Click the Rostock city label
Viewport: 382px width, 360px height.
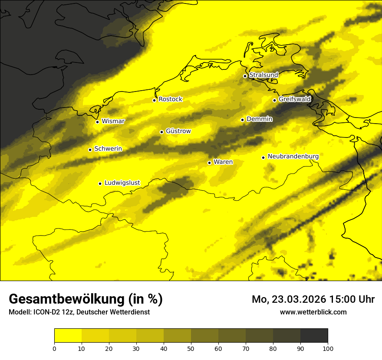click(x=171, y=99)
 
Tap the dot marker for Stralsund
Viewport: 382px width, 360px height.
click(x=245, y=76)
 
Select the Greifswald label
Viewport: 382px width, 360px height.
click(x=295, y=99)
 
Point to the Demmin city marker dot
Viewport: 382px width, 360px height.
click(x=242, y=120)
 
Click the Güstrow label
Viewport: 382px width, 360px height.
click(x=178, y=131)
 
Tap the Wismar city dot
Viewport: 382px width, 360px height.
click(x=97, y=122)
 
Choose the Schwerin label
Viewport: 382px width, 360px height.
click(x=108, y=149)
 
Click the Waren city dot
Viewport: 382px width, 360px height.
click(x=209, y=163)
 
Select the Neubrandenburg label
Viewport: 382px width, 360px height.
click(x=293, y=157)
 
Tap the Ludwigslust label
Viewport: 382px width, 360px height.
click(x=122, y=183)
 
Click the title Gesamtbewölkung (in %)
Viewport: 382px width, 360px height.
click(x=86, y=299)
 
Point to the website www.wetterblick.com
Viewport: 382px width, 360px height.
click(x=313, y=312)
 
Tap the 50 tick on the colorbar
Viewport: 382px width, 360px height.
click(x=191, y=348)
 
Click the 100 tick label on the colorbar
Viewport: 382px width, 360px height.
click(x=328, y=348)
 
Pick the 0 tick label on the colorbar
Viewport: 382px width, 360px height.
click(x=54, y=348)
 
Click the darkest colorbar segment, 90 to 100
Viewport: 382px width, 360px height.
click(x=314, y=335)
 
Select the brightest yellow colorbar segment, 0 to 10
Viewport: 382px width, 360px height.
click(x=68, y=335)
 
